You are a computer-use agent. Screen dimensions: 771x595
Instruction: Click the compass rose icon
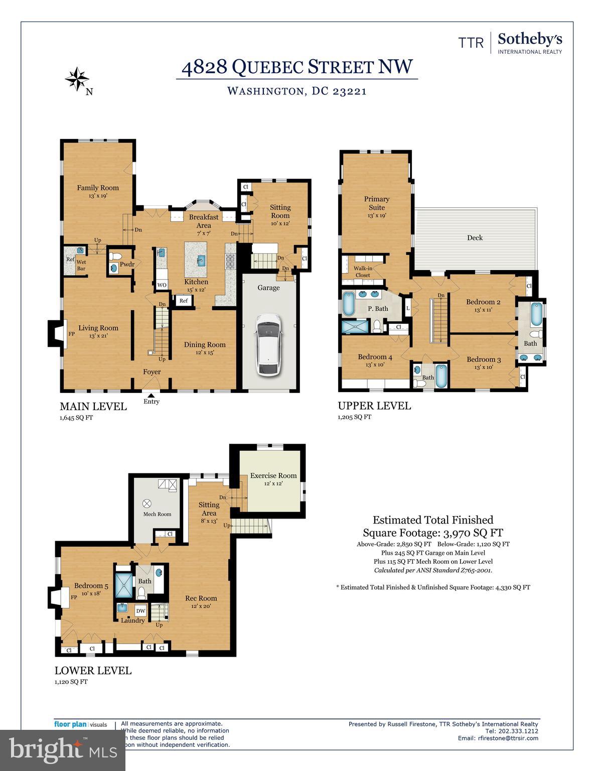77,79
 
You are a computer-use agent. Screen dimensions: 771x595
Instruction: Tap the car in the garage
268,345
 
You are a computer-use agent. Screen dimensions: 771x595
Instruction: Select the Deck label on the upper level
475,237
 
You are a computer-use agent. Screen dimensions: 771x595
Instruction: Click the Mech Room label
157,514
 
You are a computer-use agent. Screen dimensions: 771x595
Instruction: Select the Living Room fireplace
55,333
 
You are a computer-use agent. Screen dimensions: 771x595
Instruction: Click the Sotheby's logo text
530,40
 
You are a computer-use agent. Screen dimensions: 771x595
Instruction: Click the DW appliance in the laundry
141,611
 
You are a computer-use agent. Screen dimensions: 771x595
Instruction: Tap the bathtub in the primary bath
348,303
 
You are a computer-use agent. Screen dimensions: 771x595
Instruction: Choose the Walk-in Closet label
362,272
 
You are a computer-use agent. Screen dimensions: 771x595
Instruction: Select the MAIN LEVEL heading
93,407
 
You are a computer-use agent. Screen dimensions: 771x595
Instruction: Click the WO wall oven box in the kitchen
162,285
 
